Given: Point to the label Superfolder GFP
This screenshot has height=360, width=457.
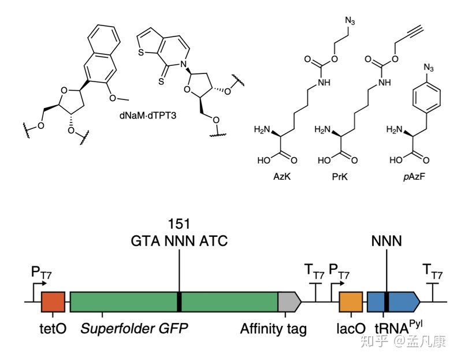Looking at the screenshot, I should [x=135, y=329].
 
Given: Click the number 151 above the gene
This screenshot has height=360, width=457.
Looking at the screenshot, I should [x=179, y=224].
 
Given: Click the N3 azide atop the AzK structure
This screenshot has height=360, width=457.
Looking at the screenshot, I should [x=350, y=22].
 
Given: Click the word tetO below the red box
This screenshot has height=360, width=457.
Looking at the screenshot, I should [x=53, y=329].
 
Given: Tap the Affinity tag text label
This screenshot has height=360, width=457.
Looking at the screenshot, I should [x=273, y=329].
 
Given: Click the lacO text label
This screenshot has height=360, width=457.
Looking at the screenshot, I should [x=350, y=329].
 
